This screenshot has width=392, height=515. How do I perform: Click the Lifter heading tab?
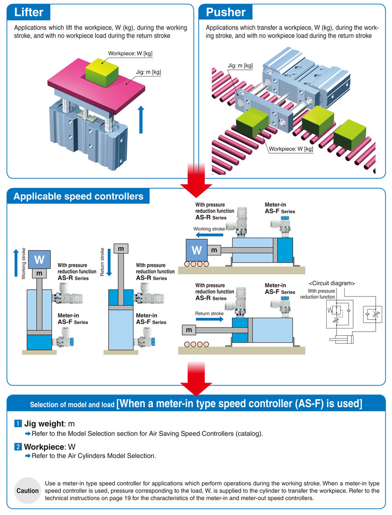click(x=29, y=12)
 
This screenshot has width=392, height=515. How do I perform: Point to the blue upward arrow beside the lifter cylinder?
click(x=141, y=119)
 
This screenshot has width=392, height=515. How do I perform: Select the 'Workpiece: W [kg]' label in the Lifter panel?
click(x=130, y=53)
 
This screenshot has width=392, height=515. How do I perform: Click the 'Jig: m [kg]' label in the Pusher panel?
click(x=240, y=66)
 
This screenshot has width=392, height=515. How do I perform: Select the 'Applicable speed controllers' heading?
click(x=78, y=196)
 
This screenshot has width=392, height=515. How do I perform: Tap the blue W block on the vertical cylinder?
click(x=39, y=260)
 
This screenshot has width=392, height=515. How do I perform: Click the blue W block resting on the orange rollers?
click(x=197, y=250)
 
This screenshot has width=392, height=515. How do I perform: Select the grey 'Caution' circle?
click(x=28, y=490)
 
